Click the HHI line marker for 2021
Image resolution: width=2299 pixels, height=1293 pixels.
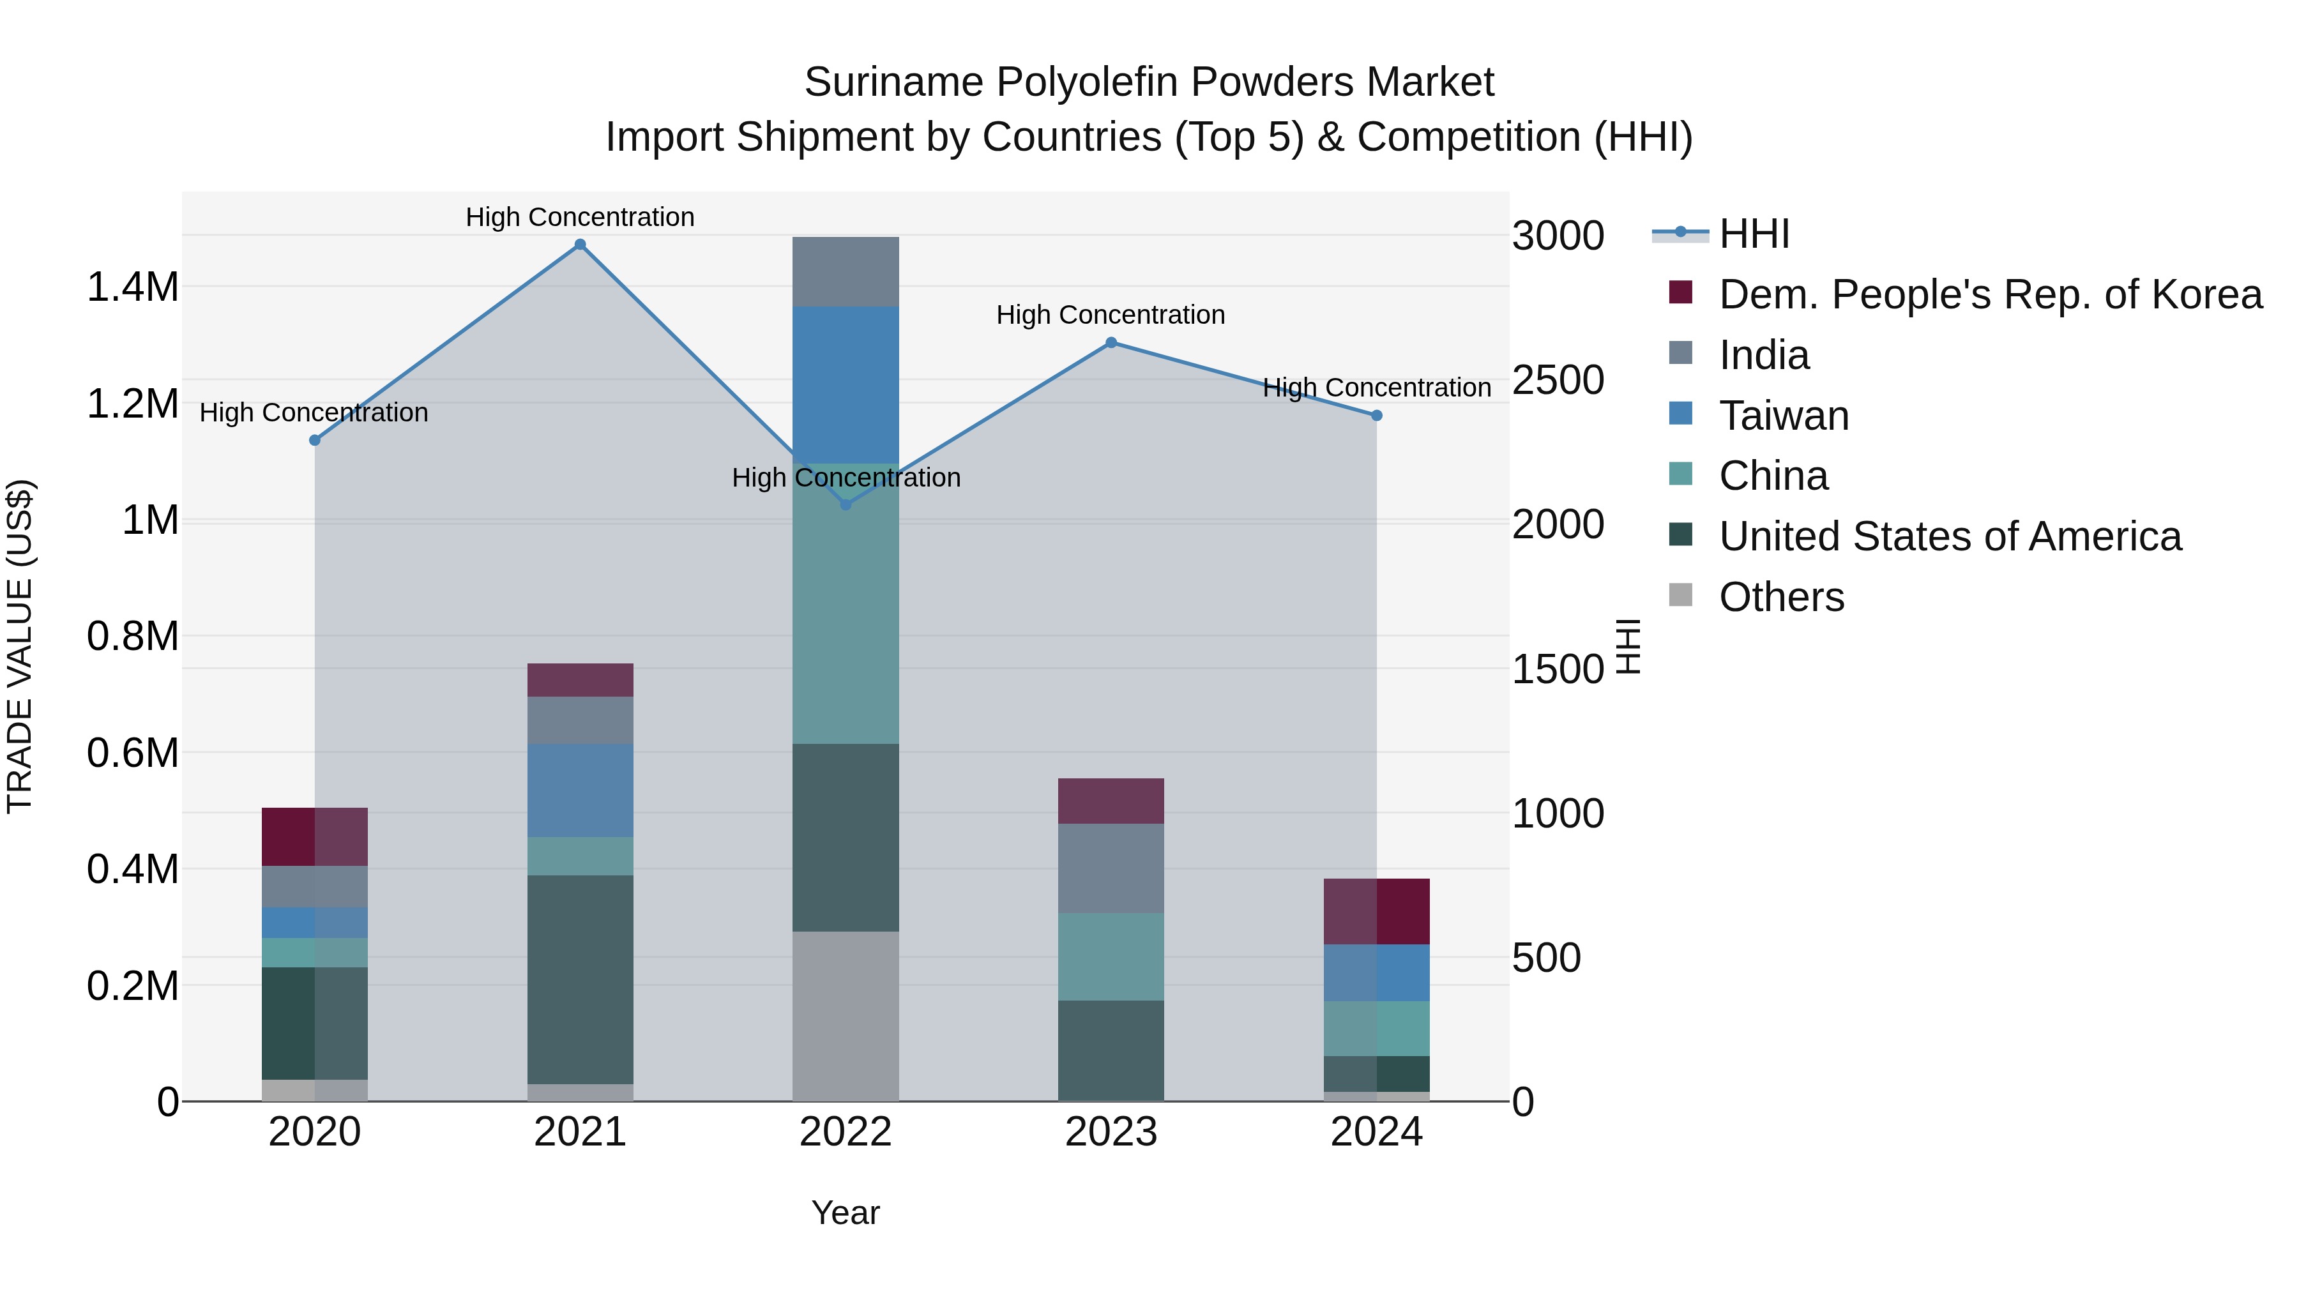pos(580,245)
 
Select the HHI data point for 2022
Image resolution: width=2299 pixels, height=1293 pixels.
pos(846,505)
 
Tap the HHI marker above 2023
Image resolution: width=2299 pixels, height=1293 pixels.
pos(1111,343)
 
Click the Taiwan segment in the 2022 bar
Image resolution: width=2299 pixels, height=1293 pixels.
pos(846,384)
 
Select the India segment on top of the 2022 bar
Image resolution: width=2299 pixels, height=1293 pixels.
pos(846,272)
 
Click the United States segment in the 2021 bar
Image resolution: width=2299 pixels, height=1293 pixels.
pos(580,979)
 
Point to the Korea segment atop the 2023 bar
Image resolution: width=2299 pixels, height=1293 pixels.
pos(1111,801)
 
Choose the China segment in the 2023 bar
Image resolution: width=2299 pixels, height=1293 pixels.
pos(1111,956)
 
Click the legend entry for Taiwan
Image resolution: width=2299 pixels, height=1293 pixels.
pos(1783,416)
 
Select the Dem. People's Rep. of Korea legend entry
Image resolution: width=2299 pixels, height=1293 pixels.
pos(1989,294)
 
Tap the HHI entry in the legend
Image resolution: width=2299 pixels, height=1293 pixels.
pos(1753,234)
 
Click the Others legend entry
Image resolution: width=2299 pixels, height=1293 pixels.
pos(1780,597)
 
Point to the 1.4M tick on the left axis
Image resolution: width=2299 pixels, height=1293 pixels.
pos(132,287)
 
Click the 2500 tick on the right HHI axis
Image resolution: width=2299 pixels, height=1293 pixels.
pos(1558,380)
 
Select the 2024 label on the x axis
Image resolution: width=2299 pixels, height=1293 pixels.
pos(1376,1132)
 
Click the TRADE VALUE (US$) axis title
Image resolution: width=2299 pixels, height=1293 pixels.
pos(20,646)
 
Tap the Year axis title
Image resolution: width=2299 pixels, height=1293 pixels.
pos(845,1213)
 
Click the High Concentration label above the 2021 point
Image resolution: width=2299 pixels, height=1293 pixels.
pos(580,217)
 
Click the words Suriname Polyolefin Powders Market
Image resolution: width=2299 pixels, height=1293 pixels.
pos(1149,82)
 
